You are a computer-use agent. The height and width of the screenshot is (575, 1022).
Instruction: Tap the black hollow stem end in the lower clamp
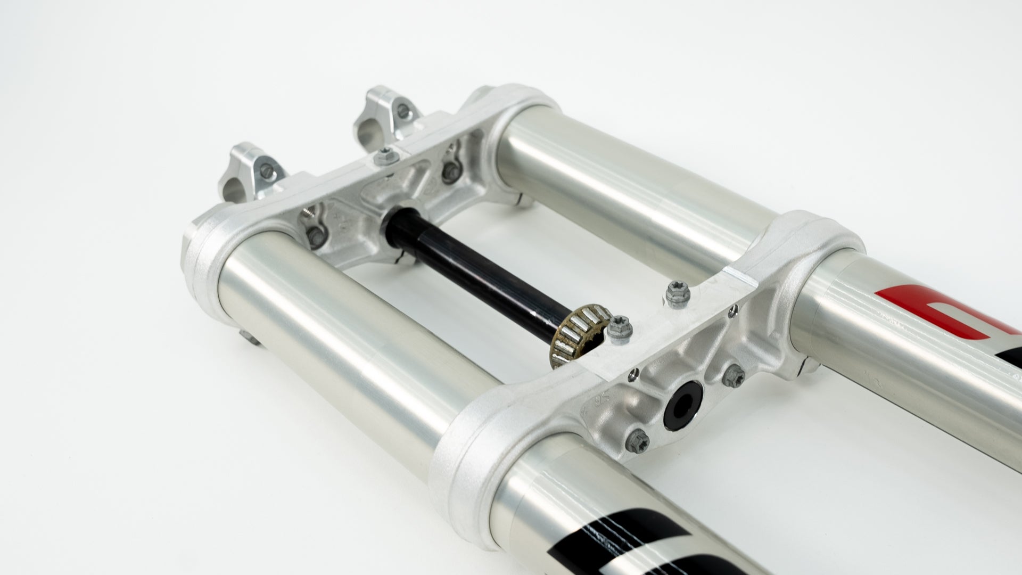coord(681,406)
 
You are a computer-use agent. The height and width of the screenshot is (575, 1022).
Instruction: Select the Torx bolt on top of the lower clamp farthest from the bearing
coord(675,293)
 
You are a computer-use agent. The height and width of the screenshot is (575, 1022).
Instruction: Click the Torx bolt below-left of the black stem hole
coord(636,439)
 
